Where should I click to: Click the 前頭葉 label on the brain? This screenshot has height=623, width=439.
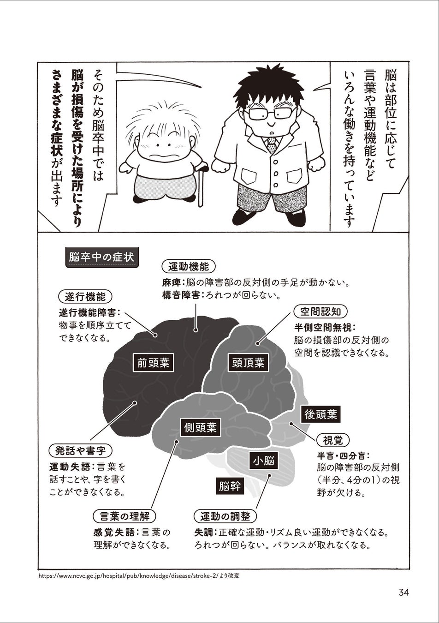click(154, 363)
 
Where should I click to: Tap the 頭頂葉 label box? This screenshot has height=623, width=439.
click(248, 363)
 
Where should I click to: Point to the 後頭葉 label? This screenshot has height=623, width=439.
click(320, 414)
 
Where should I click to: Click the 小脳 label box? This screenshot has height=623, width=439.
click(263, 461)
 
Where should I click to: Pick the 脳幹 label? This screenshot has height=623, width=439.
click(229, 486)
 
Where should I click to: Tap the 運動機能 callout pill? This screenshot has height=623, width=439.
click(189, 266)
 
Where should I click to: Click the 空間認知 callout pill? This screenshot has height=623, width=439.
click(320, 311)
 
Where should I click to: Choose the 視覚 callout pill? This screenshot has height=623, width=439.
click(332, 440)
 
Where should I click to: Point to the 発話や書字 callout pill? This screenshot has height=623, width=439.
click(80, 450)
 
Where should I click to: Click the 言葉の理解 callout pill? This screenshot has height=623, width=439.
click(125, 516)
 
